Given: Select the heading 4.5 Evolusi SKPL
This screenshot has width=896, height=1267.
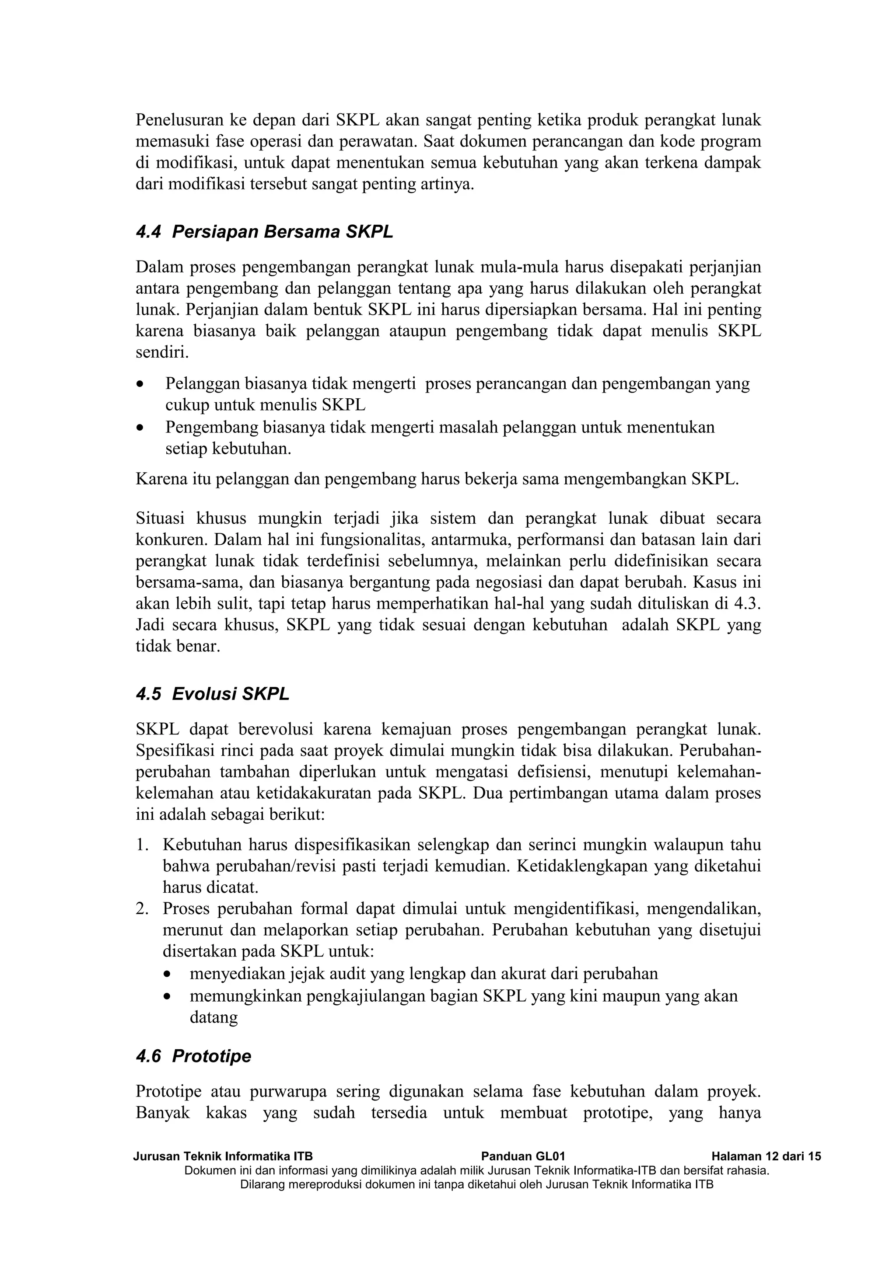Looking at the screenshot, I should point(213,694).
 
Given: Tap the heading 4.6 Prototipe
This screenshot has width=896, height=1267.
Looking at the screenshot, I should point(193,1056).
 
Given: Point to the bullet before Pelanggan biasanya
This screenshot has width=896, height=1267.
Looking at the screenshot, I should point(142,383).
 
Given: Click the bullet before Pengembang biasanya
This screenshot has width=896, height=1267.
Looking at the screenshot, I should point(142,428).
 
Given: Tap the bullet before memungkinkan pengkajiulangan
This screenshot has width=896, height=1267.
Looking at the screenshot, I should point(167,997).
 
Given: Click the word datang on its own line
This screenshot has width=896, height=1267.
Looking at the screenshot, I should point(213,1017).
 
